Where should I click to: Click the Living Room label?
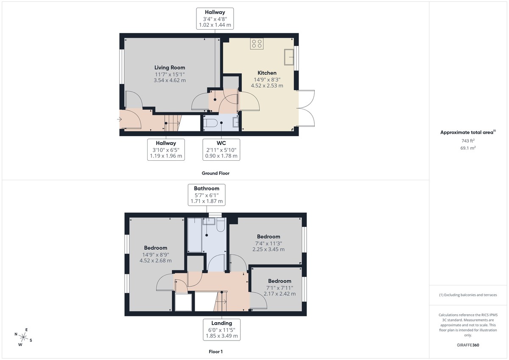[170, 67]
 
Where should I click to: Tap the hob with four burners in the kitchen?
[257, 43]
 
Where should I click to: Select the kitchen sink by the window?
[290, 57]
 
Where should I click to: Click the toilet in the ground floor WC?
[211, 123]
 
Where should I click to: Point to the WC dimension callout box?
[221, 150]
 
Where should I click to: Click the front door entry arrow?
[119, 120]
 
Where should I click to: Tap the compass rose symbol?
[23, 338]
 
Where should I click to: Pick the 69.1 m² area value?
[468, 148]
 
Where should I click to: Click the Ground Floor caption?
[215, 173]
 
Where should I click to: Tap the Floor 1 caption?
[215, 352]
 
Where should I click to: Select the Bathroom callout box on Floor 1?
[207, 195]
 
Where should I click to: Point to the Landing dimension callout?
[221, 329]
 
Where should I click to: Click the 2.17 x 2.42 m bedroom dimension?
[280, 293]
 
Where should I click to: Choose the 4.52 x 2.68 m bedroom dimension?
[155, 260]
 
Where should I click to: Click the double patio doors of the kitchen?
[306, 108]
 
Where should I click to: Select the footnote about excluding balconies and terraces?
[468, 295]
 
